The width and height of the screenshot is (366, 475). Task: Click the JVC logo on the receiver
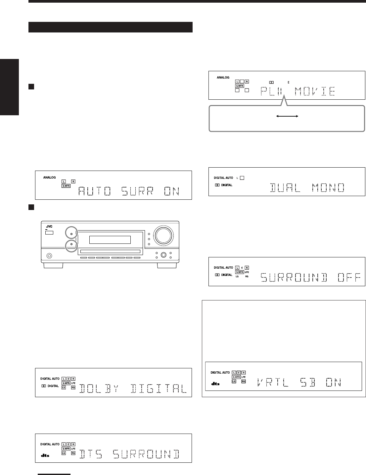point(49,226)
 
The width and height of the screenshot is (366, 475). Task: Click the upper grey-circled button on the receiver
point(71,234)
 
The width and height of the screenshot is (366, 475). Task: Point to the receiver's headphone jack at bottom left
point(49,255)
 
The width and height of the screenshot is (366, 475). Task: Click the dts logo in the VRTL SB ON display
point(216,384)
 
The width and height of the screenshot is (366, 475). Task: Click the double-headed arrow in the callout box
point(288,116)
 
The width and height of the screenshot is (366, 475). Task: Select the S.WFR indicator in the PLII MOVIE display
point(239,85)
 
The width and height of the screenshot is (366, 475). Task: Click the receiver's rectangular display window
point(110,239)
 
